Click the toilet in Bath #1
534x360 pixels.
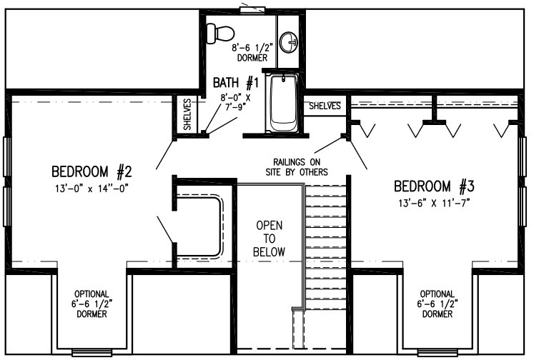[x=220, y=34]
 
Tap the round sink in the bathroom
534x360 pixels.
[x=289, y=42]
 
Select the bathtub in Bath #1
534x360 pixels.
[x=282, y=102]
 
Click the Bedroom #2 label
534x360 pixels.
[x=92, y=172]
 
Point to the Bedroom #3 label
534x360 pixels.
[x=434, y=186]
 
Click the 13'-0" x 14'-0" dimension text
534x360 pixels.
[x=92, y=188]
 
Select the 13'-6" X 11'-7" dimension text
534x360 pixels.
[x=434, y=203]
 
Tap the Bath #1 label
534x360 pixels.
[x=236, y=82]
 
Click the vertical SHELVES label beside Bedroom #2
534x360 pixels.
[x=187, y=114]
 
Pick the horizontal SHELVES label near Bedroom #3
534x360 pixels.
[x=325, y=106]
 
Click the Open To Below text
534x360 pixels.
[x=269, y=239]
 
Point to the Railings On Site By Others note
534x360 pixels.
[x=297, y=166]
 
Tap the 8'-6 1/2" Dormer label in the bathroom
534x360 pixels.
[x=252, y=52]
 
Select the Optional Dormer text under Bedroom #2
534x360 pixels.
[x=92, y=304]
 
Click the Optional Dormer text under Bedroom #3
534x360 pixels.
[x=437, y=304]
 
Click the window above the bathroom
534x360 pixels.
[x=252, y=9]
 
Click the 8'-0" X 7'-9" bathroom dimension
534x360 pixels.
[x=235, y=102]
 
